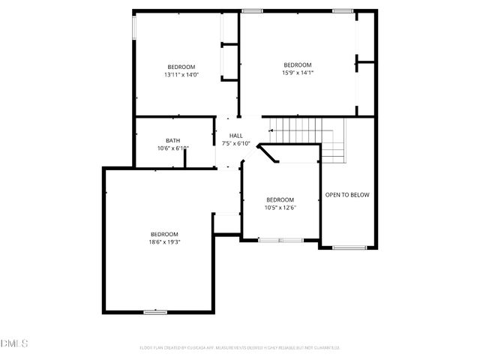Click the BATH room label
pos(172,140)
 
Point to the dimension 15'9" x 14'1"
pos(297,73)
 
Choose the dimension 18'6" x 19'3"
pos(163,241)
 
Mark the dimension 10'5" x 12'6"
pos(281,208)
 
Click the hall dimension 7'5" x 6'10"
pos(235,143)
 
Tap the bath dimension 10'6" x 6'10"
pos(172,148)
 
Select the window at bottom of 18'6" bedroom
pos(155,311)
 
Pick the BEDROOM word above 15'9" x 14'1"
pos(297,64)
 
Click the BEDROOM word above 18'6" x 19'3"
pos(163,233)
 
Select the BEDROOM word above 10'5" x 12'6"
pos(281,199)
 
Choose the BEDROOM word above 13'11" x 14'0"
pos(181,67)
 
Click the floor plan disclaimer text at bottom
pos(240,347)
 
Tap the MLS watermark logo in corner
pos(13,343)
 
